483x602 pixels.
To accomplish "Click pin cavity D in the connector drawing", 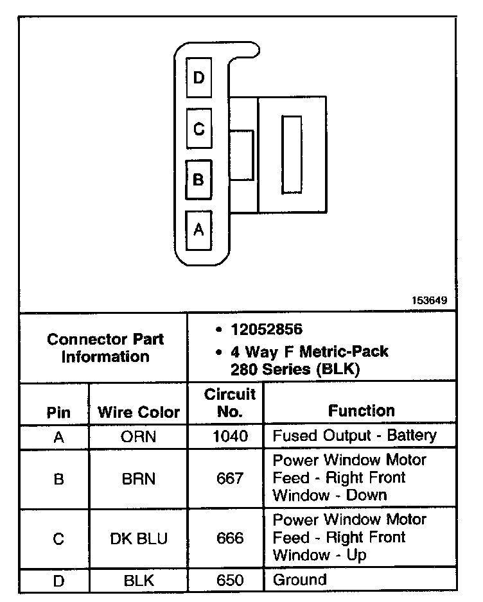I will click(x=198, y=78).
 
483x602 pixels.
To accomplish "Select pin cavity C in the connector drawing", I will click(x=198, y=129).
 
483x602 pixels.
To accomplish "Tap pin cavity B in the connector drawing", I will click(x=198, y=180).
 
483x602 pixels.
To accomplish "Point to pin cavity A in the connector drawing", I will click(x=198, y=229).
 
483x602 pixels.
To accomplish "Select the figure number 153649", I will click(x=430, y=300).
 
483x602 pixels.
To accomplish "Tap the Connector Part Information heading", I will click(x=105, y=348).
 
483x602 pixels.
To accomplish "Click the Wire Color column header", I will click(x=139, y=412).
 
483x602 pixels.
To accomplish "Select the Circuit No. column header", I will click(x=229, y=402).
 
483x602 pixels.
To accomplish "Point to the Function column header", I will click(x=362, y=411).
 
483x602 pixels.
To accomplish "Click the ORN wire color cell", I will click(x=139, y=436).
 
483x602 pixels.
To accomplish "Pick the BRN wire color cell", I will click(x=139, y=479).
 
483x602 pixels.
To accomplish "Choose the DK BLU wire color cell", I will click(x=139, y=538).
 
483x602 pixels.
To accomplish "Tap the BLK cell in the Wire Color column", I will click(x=139, y=581).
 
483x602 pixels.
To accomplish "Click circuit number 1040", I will click(x=229, y=436).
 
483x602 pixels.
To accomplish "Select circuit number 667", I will click(x=229, y=479).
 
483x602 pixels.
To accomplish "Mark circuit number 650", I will click(x=229, y=581).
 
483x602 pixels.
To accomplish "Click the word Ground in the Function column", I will click(x=299, y=580).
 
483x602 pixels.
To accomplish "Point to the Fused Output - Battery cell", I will click(x=355, y=436).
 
